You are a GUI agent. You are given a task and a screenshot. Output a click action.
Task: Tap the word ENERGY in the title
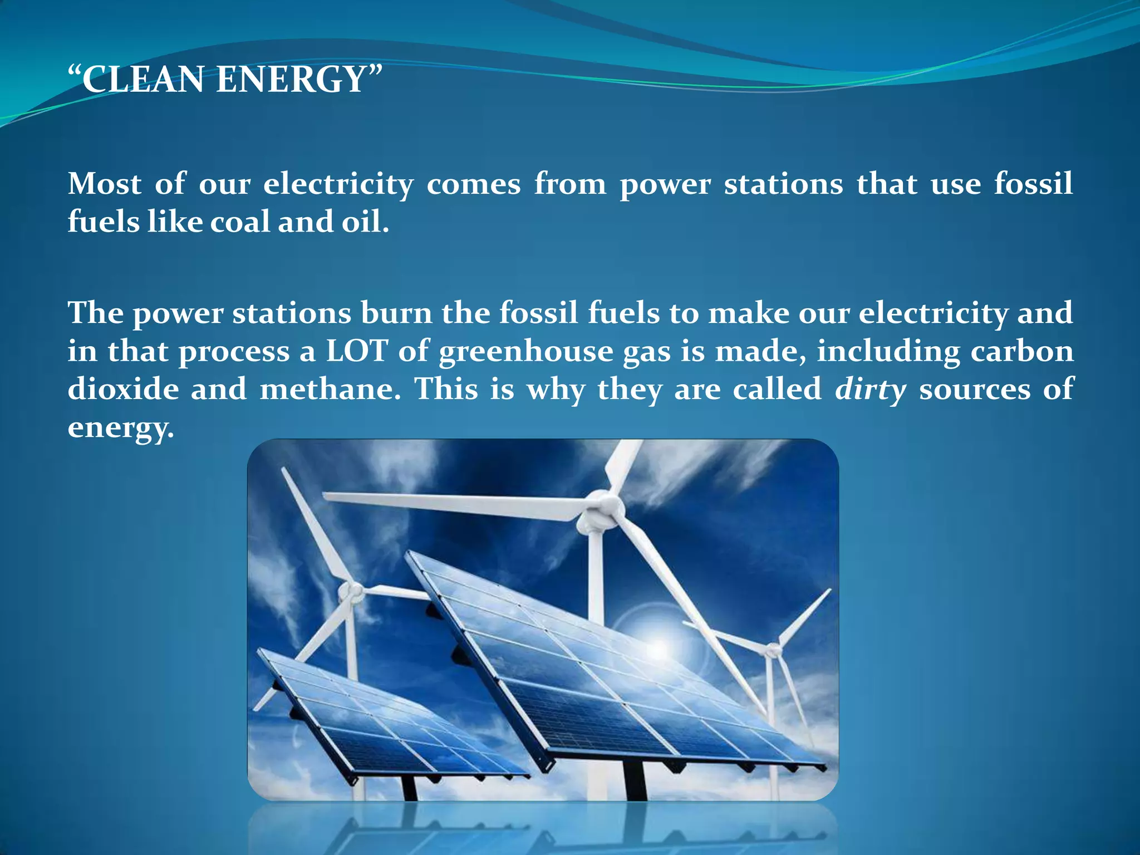[291, 79]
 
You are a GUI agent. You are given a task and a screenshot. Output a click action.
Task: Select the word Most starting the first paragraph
[105, 184]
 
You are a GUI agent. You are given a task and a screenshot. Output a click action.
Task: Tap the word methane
[330, 389]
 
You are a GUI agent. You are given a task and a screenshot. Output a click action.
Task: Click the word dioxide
[124, 389]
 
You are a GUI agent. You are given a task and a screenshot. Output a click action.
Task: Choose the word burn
[396, 313]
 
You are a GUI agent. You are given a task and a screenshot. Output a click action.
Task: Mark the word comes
[474, 184]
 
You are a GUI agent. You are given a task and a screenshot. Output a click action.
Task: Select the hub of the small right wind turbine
[773, 649]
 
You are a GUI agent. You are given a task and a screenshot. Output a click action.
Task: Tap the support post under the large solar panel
[635, 779]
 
